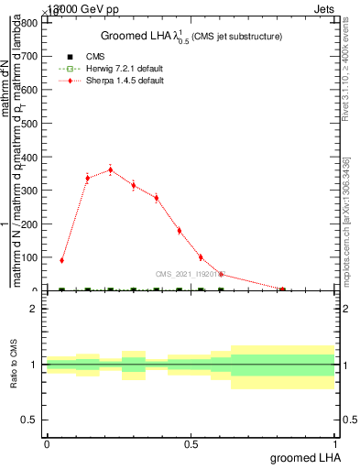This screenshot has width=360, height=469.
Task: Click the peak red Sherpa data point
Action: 111,169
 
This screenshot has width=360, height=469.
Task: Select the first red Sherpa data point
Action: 62,260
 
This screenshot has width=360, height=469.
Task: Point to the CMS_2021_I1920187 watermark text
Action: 191,273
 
